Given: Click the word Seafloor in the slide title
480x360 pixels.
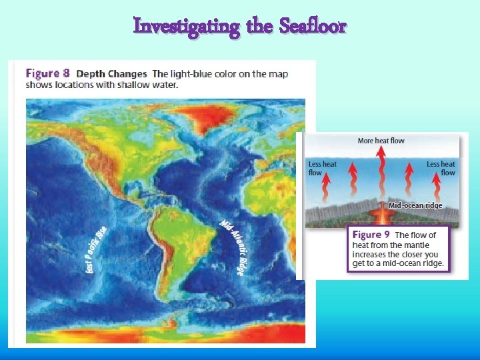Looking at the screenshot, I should coord(313,26).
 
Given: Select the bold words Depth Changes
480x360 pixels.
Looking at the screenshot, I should coord(113,73).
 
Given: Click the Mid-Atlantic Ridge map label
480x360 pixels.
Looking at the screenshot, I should coord(233,247).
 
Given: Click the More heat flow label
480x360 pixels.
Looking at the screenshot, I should coord(381,141).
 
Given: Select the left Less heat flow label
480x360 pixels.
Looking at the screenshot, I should coord(322,168).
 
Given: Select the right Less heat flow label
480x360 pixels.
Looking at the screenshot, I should coord(441,168).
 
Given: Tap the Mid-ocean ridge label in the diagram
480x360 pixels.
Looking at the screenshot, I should coord(415,205).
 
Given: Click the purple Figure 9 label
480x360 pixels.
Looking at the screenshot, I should coord(371,235).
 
